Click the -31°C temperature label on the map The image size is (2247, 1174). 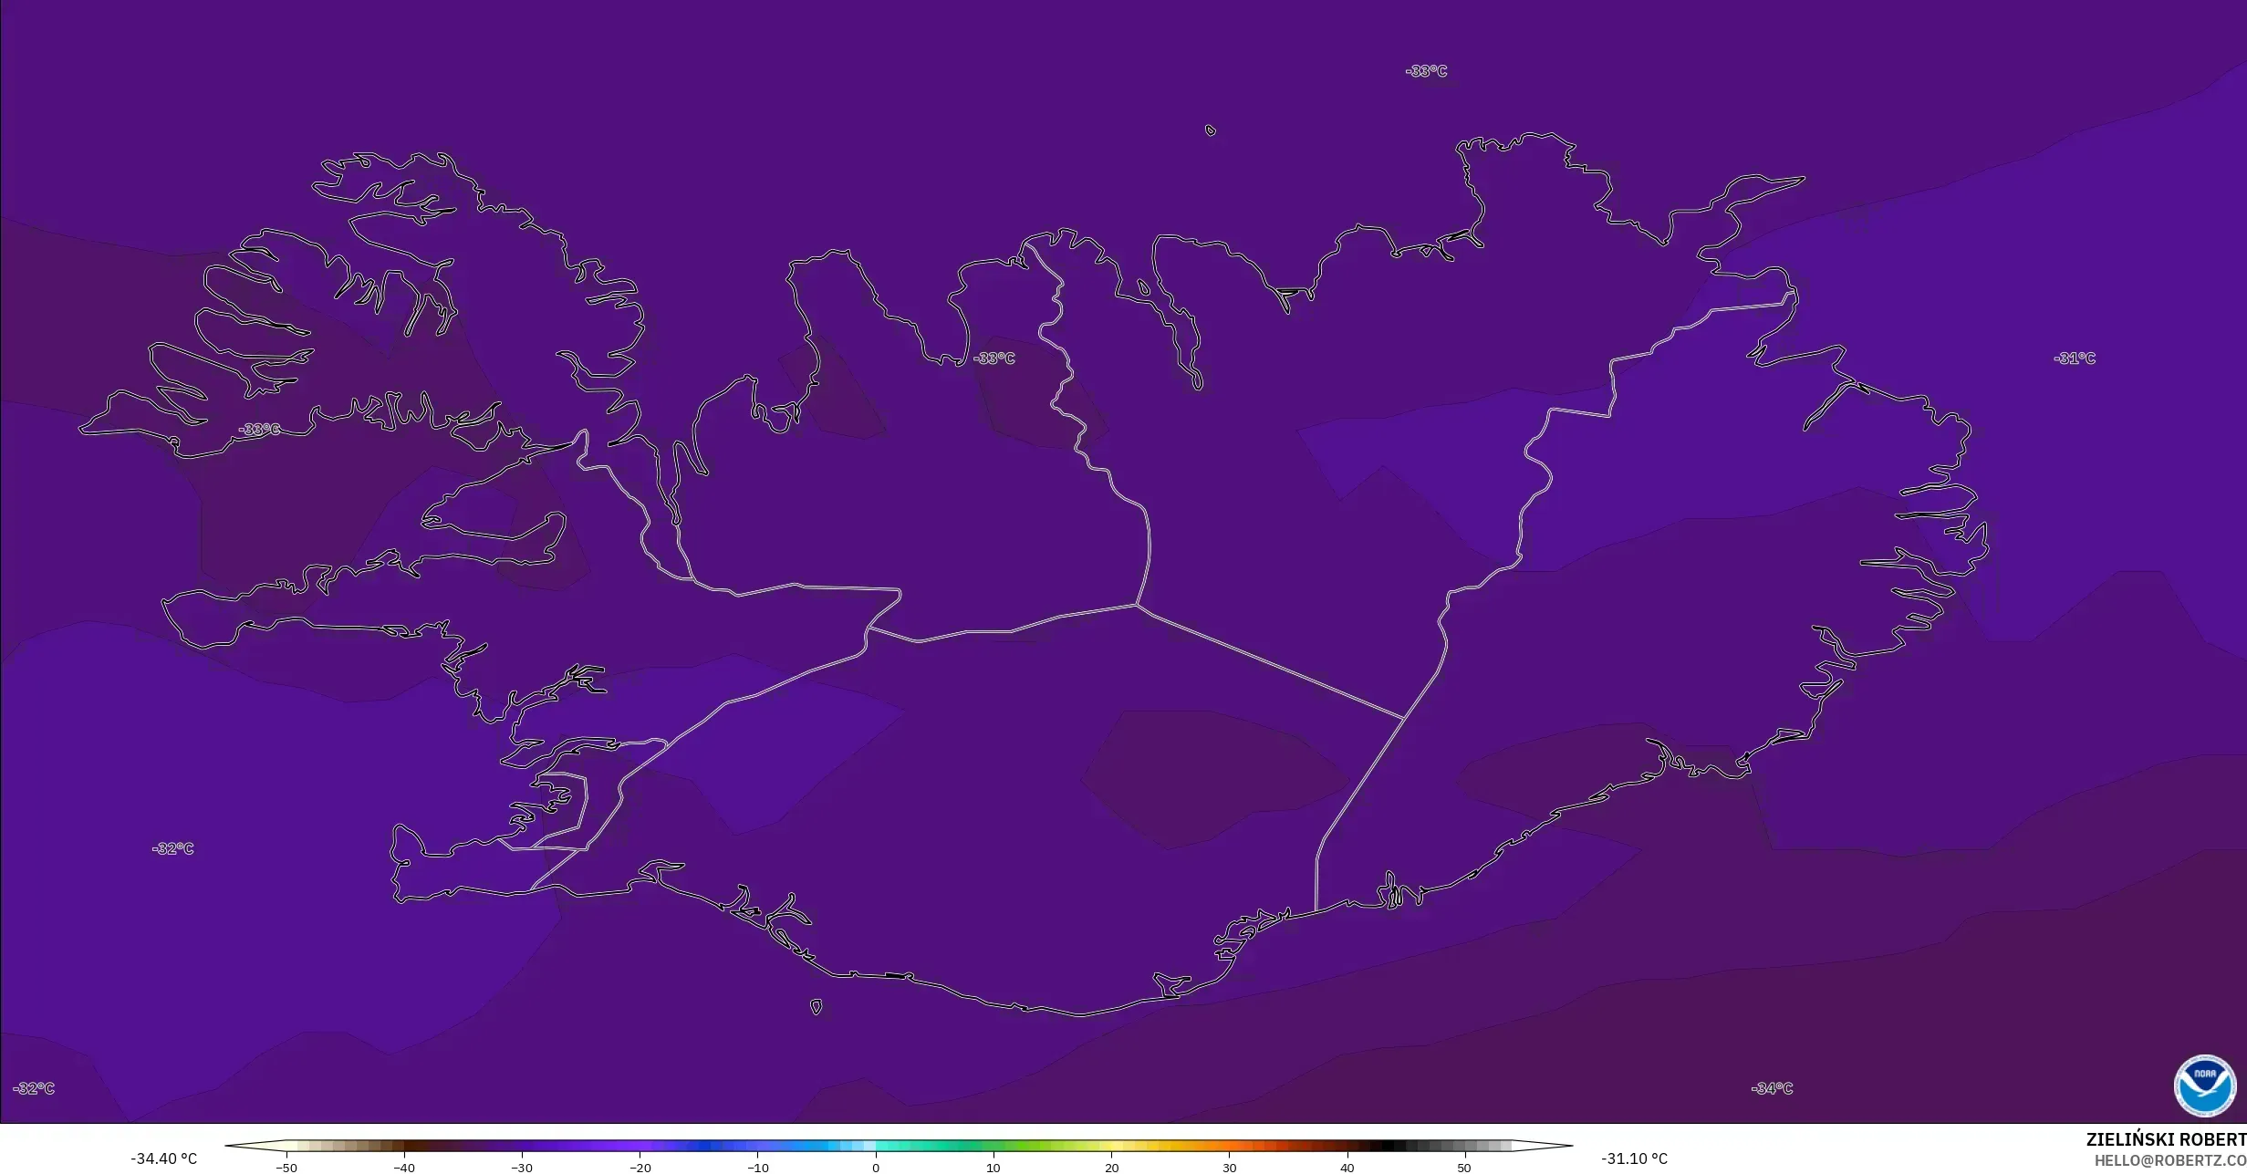pyautogui.click(x=2074, y=358)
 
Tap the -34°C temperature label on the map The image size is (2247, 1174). pyautogui.click(x=1772, y=1088)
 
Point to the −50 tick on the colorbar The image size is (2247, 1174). pyautogui.click(x=286, y=1167)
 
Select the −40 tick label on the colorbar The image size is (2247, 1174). pyautogui.click(x=404, y=1167)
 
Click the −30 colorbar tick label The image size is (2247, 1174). pyautogui.click(x=522, y=1167)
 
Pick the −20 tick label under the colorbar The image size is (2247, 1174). pyautogui.click(x=640, y=1167)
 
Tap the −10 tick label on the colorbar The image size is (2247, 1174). pyautogui.click(x=758, y=1167)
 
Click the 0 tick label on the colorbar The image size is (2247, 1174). pyautogui.click(x=876, y=1167)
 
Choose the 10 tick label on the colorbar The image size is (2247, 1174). pyautogui.click(x=993, y=1167)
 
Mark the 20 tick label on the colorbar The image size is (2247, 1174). pyautogui.click(x=1111, y=1167)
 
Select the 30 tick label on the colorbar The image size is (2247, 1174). pyautogui.click(x=1229, y=1167)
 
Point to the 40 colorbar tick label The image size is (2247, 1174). pyautogui.click(x=1347, y=1167)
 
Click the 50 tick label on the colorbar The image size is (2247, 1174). pyautogui.click(x=1464, y=1167)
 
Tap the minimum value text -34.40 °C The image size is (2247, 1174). pyautogui.click(x=164, y=1158)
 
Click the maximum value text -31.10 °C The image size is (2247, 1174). pyautogui.click(x=1634, y=1158)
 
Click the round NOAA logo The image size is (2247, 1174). pyautogui.click(x=2205, y=1086)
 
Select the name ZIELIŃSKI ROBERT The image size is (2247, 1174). pyautogui.click(x=2166, y=1140)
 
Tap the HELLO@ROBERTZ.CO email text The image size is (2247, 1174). pyautogui.click(x=2169, y=1160)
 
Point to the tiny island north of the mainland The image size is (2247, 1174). pyautogui.click(x=1211, y=130)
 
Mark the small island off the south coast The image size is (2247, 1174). pyautogui.click(x=816, y=1007)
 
